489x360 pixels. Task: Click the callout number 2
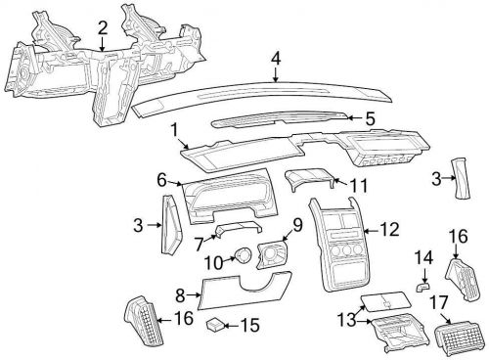pyautogui.click(x=104, y=29)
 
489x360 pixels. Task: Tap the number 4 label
pyautogui.click(x=277, y=59)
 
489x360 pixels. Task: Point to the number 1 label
pyautogui.click(x=174, y=129)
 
